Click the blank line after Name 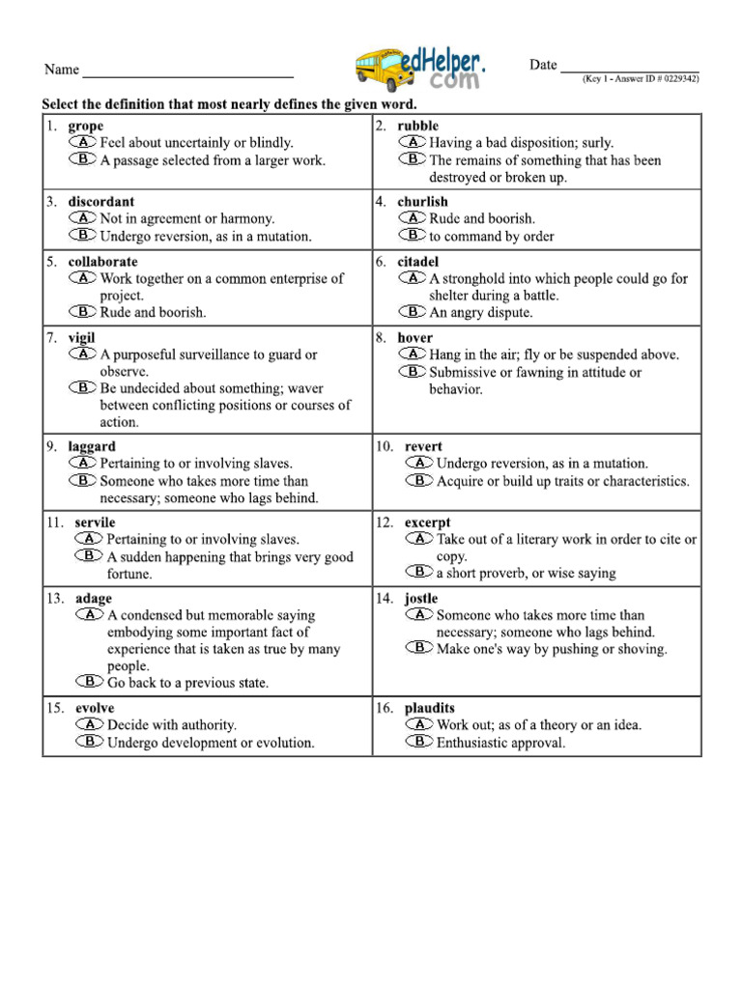(x=187, y=75)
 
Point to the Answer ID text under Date (x=640, y=79)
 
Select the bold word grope (x=86, y=127)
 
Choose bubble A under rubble (x=413, y=142)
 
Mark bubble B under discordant (x=83, y=235)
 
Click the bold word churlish (x=422, y=202)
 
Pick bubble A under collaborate (x=83, y=278)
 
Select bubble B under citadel (x=413, y=311)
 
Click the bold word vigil (x=82, y=338)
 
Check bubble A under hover (x=413, y=354)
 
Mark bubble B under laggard (x=83, y=480)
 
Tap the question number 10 (x=384, y=447)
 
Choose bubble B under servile (x=90, y=555)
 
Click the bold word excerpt (x=427, y=523)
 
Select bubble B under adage (x=90, y=681)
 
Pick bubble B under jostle (x=419, y=648)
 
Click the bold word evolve (x=95, y=708)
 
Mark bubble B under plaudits (x=419, y=742)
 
